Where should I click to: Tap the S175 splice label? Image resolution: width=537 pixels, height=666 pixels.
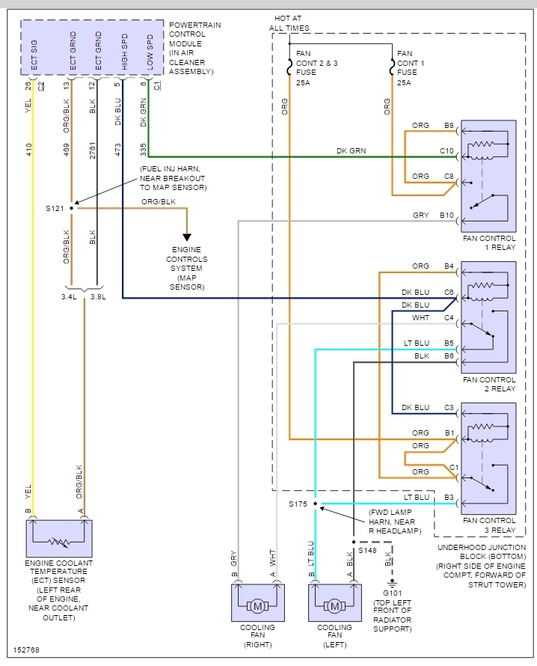[x=298, y=504]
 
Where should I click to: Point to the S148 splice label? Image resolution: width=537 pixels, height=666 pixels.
[x=366, y=550]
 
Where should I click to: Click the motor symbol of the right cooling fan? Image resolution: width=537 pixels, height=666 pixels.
[x=258, y=605]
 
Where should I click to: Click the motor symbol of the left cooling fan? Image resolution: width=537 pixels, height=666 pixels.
[x=334, y=605]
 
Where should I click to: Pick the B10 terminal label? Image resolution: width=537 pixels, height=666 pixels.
[x=447, y=216]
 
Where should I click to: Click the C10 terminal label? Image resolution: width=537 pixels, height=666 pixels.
[x=447, y=151]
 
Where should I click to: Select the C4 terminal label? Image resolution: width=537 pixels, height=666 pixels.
[x=449, y=317]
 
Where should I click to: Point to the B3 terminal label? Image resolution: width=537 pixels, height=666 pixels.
[x=449, y=497]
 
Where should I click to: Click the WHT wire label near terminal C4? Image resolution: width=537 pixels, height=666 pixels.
[x=421, y=317]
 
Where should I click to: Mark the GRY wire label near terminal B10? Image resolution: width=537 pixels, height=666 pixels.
[x=421, y=216]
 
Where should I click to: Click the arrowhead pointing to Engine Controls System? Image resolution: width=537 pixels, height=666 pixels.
[x=187, y=237]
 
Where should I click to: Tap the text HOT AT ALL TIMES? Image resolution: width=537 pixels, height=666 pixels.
[x=289, y=23]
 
